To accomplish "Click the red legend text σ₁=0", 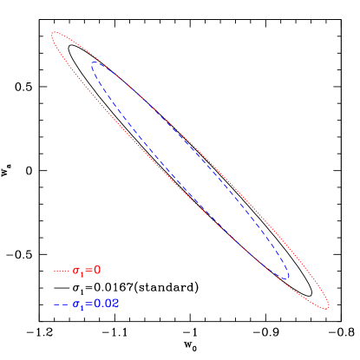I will click(x=87, y=271).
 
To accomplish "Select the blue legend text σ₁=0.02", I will click(x=95, y=304).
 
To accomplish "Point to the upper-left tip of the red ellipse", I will click(x=54, y=35).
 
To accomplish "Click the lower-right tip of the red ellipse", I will click(x=327, y=306).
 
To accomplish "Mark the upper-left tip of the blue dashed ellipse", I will click(x=93, y=62).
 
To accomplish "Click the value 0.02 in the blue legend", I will click(x=106, y=304).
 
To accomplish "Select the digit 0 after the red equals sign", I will click(x=98, y=271).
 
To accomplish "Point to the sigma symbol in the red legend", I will click(x=76, y=271).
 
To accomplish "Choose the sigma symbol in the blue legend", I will click(x=76, y=304).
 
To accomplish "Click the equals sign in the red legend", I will click(x=89, y=271).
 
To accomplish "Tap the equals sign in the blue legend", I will click(x=89, y=304).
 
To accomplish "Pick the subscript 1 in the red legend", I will click(x=82, y=274).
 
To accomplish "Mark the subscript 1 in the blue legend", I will click(x=82, y=308).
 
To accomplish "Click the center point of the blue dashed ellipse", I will click(x=190, y=170).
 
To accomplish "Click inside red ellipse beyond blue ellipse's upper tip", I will click(x=72, y=49).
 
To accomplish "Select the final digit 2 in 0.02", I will click(x=116, y=304).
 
